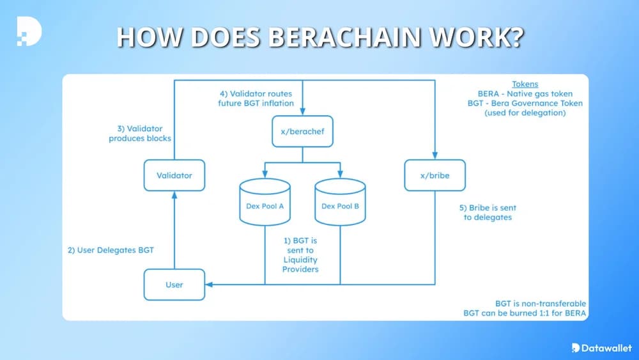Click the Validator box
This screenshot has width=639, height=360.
coord(174,175)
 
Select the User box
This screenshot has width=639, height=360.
coord(174,285)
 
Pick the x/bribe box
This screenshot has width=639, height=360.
coord(435,175)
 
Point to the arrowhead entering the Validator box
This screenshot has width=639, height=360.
coord(174,194)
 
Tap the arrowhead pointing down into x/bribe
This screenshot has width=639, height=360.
coord(435,155)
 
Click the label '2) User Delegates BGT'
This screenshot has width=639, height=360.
coord(111,250)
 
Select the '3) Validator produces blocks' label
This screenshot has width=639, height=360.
coord(139,133)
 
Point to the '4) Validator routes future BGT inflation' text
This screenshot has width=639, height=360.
coord(256,98)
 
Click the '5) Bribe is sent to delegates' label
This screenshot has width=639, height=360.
coord(488,212)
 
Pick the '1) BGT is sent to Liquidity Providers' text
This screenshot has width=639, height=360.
coord(300,255)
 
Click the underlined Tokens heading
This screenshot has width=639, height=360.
coord(525,84)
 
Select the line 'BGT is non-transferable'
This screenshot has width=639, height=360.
coord(541,303)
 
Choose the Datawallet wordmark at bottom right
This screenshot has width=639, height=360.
coord(603,347)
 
